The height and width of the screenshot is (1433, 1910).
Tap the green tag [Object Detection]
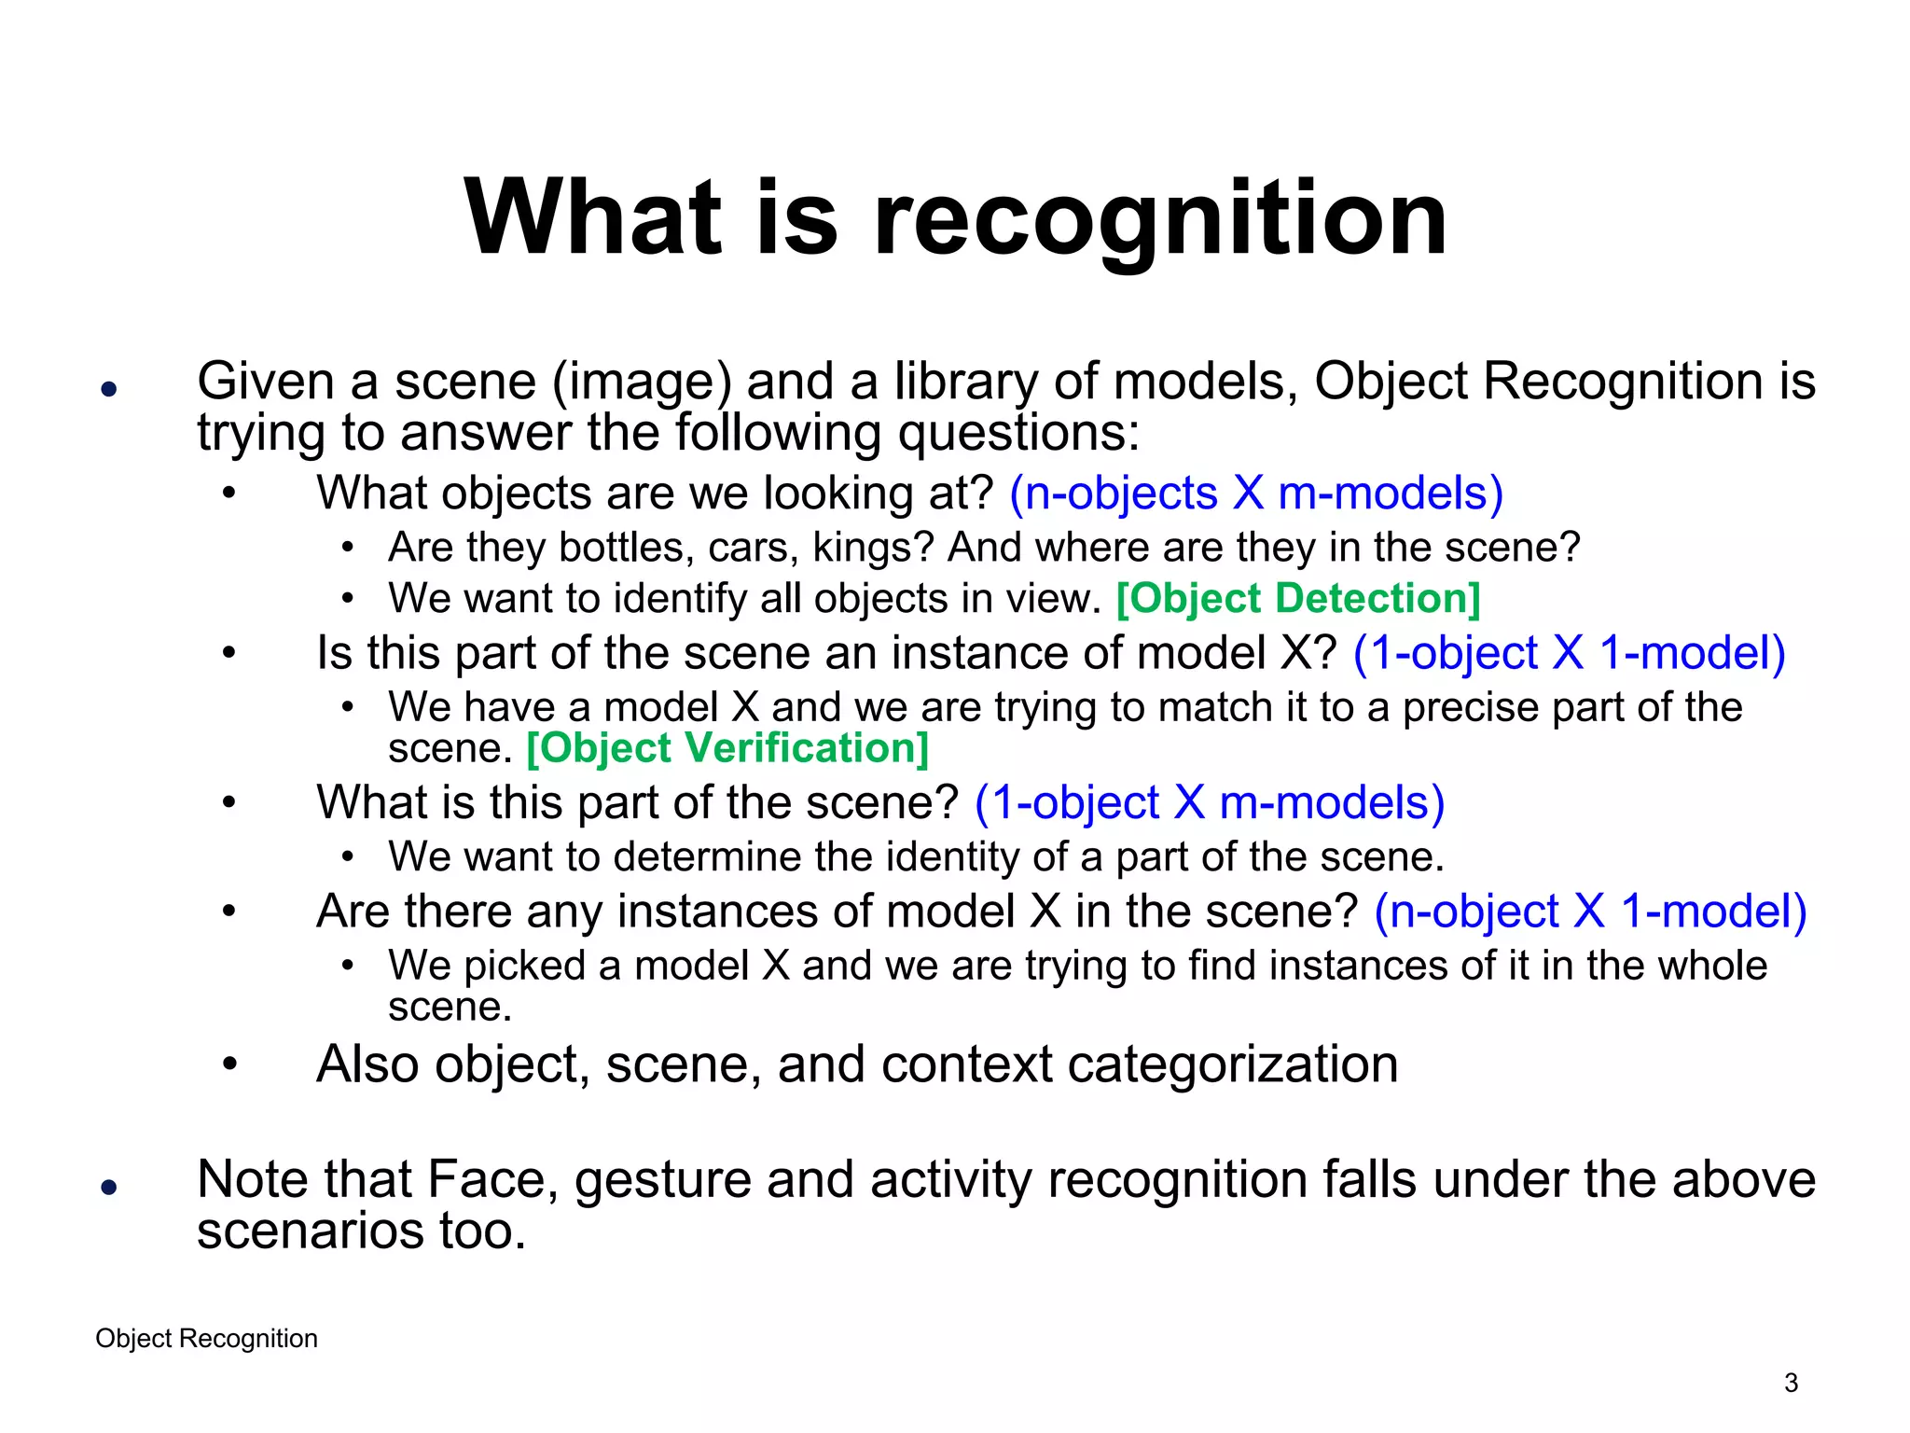[x=1298, y=599]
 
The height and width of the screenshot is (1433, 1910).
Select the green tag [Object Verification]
[x=727, y=748]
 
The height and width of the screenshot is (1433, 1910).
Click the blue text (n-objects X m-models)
[x=1256, y=493]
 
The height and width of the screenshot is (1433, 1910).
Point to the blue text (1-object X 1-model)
[x=1569, y=652]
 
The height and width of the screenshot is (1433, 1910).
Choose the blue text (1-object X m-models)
[x=1210, y=802]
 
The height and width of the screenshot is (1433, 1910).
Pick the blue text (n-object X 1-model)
[x=1590, y=911]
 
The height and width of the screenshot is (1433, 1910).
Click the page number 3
[x=1791, y=1383]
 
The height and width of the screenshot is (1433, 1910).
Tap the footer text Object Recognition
[x=206, y=1339]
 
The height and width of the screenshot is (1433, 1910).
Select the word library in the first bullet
[x=965, y=383]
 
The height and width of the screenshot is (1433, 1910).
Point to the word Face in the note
[x=491, y=1179]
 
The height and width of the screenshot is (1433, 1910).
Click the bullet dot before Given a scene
[x=109, y=389]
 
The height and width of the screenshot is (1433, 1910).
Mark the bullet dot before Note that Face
[x=109, y=1187]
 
